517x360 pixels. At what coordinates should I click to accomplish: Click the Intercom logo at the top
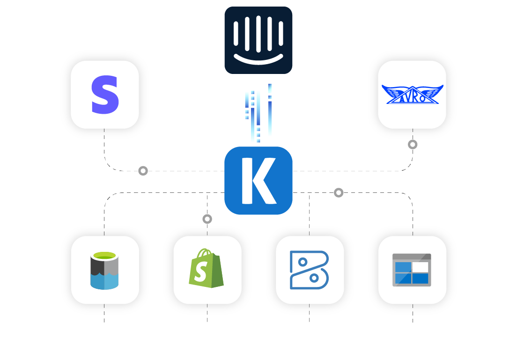pyautogui.click(x=258, y=40)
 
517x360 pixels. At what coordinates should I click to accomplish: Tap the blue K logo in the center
pyautogui.click(x=258, y=181)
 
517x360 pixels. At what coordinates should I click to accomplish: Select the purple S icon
pyautogui.click(x=105, y=95)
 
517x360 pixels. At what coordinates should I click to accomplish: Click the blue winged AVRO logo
pyautogui.click(x=412, y=94)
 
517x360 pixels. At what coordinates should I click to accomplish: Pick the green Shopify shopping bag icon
pyautogui.click(x=207, y=269)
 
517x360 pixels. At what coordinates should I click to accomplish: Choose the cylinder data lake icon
pyautogui.click(x=104, y=270)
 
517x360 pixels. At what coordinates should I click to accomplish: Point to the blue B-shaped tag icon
pyautogui.click(x=309, y=270)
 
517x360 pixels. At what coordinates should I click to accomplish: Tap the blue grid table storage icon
pyautogui.click(x=412, y=270)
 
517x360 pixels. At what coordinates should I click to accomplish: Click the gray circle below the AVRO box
pyautogui.click(x=413, y=144)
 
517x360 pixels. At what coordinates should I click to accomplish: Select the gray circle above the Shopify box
pyautogui.click(x=207, y=219)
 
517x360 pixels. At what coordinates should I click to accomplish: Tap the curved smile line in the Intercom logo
pyautogui.click(x=258, y=59)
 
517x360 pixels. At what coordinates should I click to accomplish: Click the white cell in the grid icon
pyautogui.click(x=420, y=267)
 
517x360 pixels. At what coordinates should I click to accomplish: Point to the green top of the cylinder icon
pyautogui.click(x=104, y=256)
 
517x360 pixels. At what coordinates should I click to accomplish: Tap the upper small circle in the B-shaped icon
pyautogui.click(x=303, y=262)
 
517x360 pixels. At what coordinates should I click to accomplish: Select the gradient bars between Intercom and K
pyautogui.click(x=258, y=113)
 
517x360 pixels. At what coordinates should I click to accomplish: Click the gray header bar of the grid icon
pyautogui.click(x=412, y=257)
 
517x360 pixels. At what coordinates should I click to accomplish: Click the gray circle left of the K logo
pyautogui.click(x=143, y=171)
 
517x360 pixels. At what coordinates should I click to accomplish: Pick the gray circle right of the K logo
pyautogui.click(x=339, y=192)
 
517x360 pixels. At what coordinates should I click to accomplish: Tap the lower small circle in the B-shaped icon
pyautogui.click(x=314, y=278)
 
